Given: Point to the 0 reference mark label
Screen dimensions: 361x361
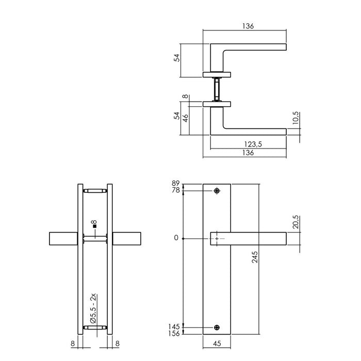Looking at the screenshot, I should (176, 238).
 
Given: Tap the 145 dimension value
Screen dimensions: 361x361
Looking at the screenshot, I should (174, 326).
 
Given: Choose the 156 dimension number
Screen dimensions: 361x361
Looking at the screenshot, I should (174, 334).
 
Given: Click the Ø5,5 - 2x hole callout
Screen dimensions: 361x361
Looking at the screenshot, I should (94, 308).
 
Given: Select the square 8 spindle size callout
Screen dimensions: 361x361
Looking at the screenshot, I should (94, 225).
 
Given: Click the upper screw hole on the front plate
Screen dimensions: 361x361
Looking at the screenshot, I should (217, 192).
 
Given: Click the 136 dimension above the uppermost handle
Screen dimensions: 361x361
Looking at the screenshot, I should (249, 26).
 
